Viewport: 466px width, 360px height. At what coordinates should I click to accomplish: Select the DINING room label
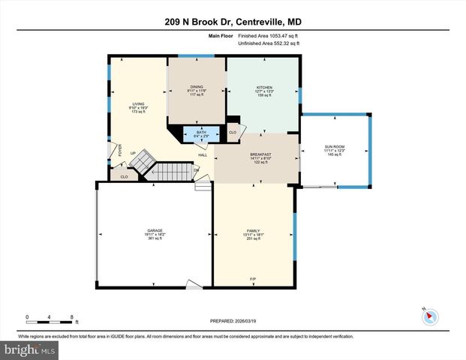[196, 87]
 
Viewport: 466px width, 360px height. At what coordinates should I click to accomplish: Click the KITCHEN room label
[263, 87]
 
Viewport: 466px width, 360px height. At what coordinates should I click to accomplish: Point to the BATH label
[201, 131]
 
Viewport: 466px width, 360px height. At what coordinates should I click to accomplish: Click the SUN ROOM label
[334, 146]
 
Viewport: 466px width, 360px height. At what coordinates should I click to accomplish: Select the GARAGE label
[155, 230]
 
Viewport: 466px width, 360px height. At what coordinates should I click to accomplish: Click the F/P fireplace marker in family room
[253, 280]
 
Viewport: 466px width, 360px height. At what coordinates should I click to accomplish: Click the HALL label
[203, 155]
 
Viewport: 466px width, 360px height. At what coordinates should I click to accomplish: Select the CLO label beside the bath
[233, 133]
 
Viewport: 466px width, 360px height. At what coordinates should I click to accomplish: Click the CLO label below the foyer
[124, 177]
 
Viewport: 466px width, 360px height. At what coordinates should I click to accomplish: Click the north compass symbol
[430, 315]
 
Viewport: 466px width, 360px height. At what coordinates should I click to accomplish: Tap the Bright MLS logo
[29, 349]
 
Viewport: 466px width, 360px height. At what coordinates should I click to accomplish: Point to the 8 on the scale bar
[71, 316]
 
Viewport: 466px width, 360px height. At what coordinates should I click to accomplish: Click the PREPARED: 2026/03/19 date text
[233, 320]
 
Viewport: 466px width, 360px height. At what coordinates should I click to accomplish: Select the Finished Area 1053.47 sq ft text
[269, 35]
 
